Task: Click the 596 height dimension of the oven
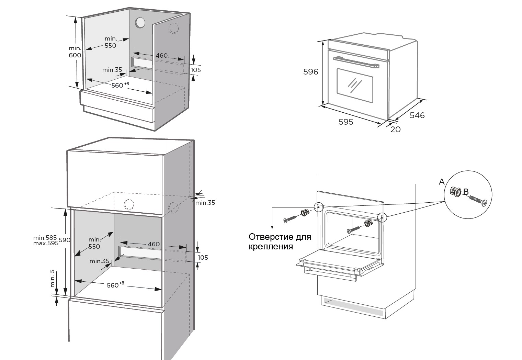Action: click(310, 72)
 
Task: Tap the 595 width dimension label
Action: click(346, 122)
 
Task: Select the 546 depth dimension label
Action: click(417, 115)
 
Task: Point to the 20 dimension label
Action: click(396, 130)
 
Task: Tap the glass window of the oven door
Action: click(355, 85)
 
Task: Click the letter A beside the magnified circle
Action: click(442, 182)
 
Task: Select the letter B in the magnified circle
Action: click(466, 191)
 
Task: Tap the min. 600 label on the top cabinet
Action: click(75, 52)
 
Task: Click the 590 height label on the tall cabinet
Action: click(65, 240)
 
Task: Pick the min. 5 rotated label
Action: click(53, 278)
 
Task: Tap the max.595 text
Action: click(46, 243)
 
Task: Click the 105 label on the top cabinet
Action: click(196, 70)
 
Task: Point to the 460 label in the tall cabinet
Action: click(154, 244)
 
